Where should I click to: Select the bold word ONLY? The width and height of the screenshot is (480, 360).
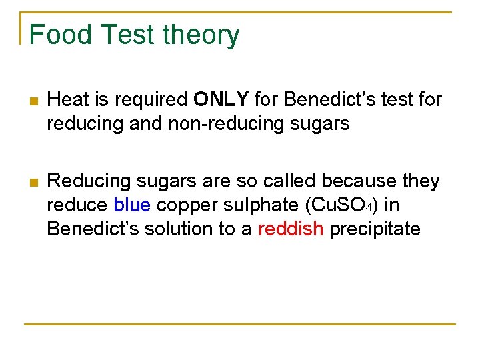221,100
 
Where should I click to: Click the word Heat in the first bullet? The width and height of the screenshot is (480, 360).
68,100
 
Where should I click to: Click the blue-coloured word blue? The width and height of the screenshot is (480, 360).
133,205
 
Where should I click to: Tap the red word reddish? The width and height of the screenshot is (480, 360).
290,229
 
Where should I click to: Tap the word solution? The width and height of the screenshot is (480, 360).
179,229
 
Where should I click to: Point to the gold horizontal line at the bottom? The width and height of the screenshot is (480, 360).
240,325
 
